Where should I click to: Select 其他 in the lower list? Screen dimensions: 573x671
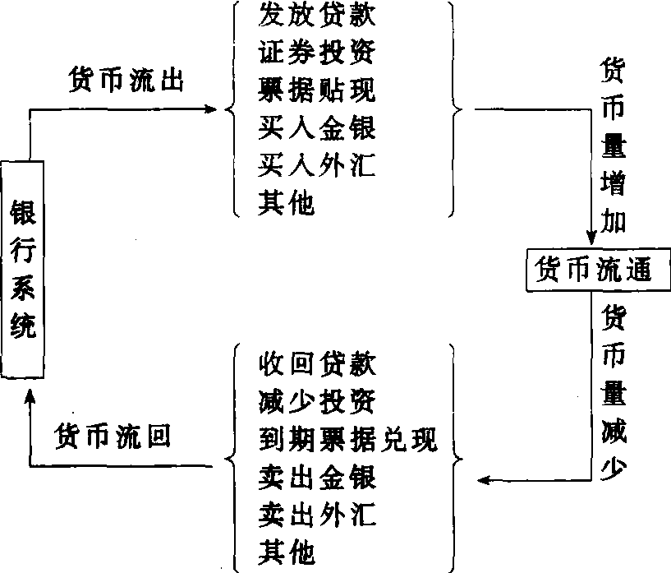pyautogui.click(x=286, y=552)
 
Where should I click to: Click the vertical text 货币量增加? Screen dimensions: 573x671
pyautogui.click(x=612, y=147)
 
